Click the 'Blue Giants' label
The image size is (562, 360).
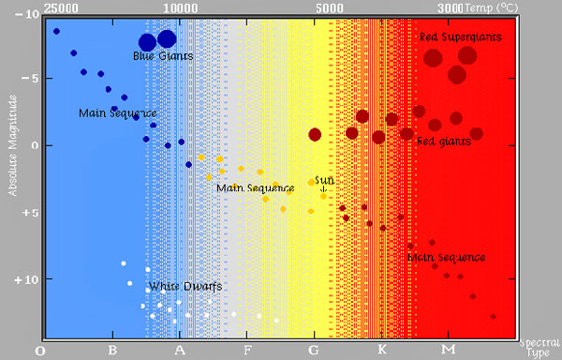163,56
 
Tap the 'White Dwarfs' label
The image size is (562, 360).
185,285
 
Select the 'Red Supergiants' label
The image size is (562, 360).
460,37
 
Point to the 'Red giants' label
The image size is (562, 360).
444,142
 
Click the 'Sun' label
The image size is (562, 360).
323,179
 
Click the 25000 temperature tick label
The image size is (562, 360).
61,7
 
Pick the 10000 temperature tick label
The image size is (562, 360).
180,7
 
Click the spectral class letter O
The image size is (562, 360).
39,351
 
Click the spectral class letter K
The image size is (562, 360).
381,351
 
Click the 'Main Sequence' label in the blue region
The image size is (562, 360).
110,113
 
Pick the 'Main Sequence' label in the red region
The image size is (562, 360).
446,257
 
